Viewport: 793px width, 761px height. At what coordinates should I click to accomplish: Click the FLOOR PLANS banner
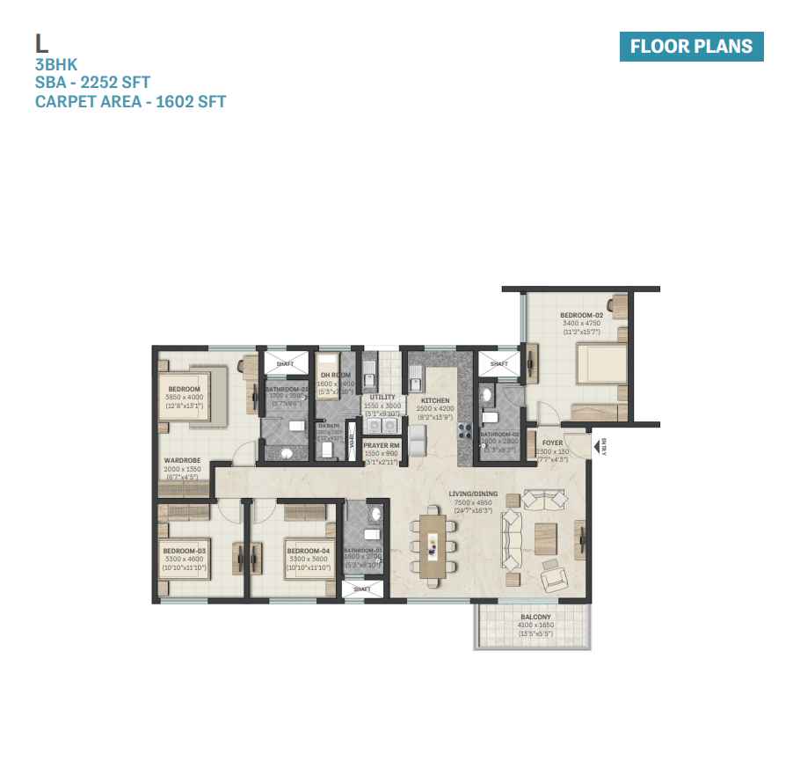(x=691, y=47)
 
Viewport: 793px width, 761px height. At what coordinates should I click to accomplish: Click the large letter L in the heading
(x=40, y=43)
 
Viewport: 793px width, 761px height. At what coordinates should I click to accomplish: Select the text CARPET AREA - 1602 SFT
(x=130, y=102)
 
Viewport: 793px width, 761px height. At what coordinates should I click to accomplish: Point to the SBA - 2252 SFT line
(x=92, y=83)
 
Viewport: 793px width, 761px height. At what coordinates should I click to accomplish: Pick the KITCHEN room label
(x=434, y=400)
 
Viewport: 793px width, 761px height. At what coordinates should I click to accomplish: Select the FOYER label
(x=552, y=443)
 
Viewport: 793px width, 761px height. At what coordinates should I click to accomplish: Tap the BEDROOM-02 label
(x=581, y=314)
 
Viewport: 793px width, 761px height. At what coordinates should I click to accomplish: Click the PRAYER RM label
(x=382, y=446)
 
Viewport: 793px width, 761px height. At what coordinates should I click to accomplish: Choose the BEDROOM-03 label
(x=185, y=552)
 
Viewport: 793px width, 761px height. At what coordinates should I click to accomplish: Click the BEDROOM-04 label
(x=308, y=552)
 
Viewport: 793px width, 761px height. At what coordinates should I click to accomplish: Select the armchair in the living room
(x=553, y=577)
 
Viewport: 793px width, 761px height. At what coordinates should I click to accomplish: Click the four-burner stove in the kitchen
(x=465, y=432)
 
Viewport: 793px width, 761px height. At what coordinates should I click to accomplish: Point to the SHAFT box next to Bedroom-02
(x=498, y=363)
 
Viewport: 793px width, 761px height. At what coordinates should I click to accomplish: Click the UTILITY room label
(x=382, y=398)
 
